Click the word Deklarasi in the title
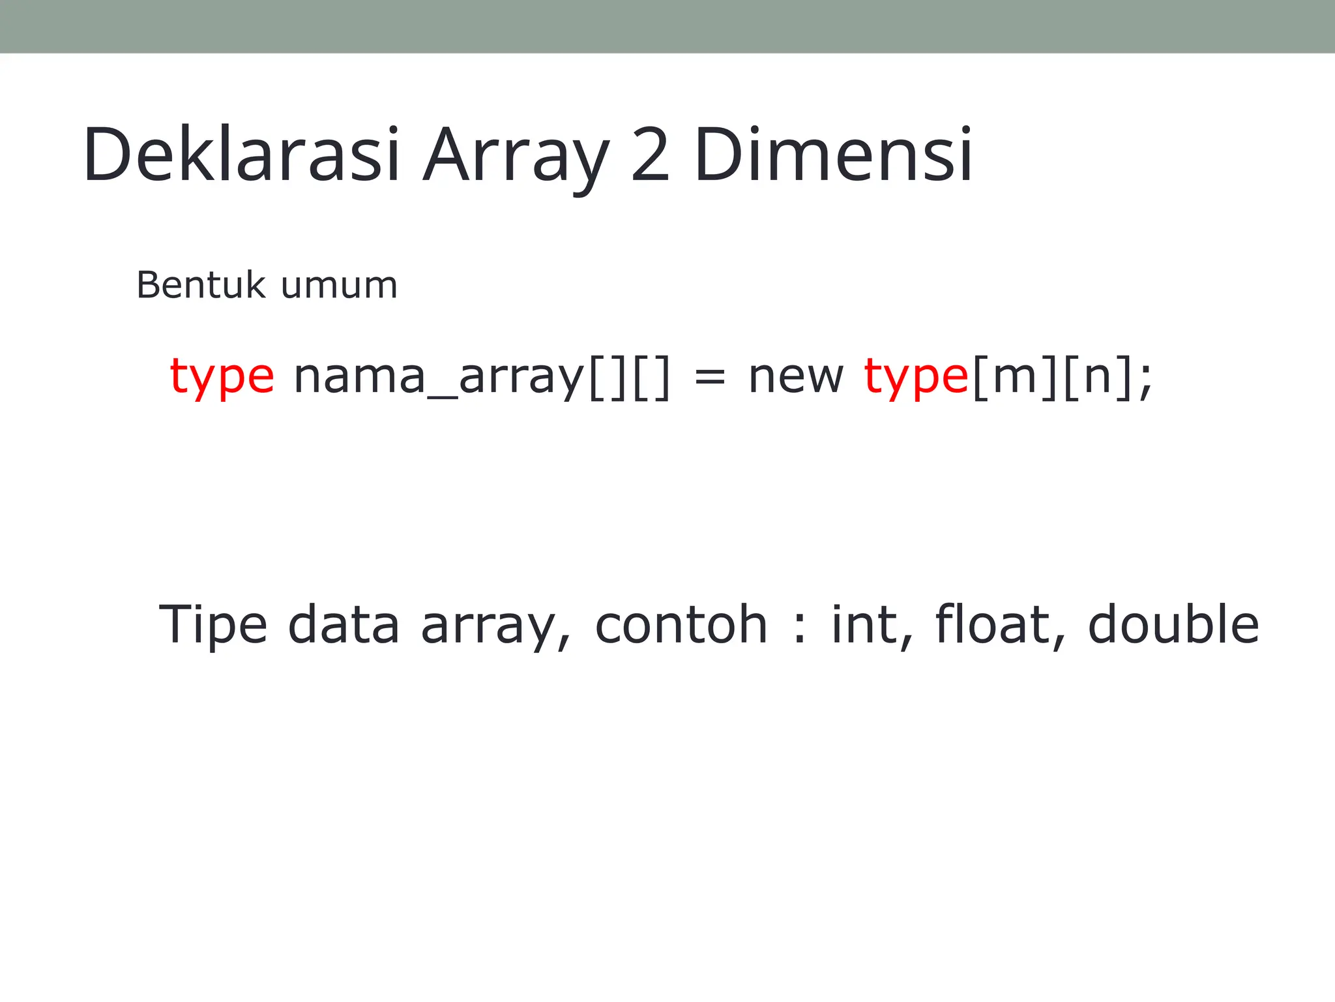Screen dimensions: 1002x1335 241,155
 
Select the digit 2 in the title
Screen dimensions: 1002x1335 651,155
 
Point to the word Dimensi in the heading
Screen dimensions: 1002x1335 833,155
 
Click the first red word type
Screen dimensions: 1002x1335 222,377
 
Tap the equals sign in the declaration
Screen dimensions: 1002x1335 710,378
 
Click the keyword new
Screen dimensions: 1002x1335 796,377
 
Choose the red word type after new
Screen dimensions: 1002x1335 916,377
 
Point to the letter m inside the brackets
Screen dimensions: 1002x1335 1015,377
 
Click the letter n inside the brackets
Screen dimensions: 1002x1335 1097,377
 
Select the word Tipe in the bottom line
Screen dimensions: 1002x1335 213,625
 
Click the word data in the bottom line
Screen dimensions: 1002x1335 344,625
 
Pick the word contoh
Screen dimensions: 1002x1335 681,625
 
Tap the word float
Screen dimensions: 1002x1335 994,625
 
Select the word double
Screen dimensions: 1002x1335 1173,625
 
